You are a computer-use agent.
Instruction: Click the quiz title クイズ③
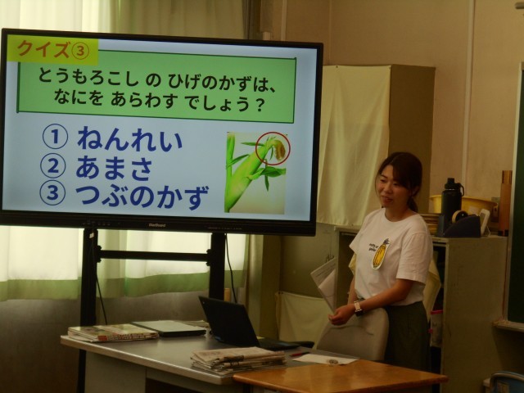53,50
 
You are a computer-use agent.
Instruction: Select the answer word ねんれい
129,139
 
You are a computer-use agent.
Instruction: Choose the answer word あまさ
114,167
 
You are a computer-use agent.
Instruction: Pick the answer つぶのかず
142,196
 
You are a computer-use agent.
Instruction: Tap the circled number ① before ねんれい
55,137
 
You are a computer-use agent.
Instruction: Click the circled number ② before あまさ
52,166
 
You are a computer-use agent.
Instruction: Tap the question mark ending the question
260,106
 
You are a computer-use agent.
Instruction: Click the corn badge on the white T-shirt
381,254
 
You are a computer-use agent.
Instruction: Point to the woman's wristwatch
359,308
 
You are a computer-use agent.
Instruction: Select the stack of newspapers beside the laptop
238,360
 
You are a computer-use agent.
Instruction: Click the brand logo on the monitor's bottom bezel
156,225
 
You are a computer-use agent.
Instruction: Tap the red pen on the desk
299,354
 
